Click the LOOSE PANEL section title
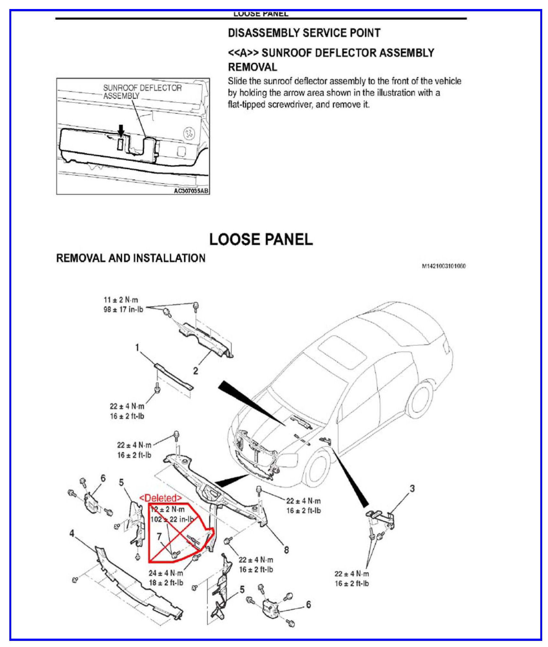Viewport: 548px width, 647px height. pyautogui.click(x=261, y=239)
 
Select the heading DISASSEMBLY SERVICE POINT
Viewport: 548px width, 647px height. pyautogui.click(x=304, y=33)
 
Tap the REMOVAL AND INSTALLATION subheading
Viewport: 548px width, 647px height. pyautogui.click(x=131, y=258)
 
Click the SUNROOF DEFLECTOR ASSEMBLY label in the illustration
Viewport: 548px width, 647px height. pyautogui.click(x=142, y=92)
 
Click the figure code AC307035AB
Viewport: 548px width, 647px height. pyautogui.click(x=191, y=191)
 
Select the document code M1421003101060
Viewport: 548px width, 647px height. pyautogui.click(x=444, y=266)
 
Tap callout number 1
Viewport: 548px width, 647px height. pyautogui.click(x=138, y=348)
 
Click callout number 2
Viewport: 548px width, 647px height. pyautogui.click(x=196, y=371)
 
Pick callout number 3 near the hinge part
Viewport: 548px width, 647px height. pyautogui.click(x=412, y=488)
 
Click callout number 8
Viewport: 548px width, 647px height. pyautogui.click(x=286, y=549)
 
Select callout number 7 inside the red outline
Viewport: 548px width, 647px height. pyautogui.click(x=159, y=536)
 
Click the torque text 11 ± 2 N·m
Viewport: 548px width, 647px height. pyautogui.click(x=121, y=300)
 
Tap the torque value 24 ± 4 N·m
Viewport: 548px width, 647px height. pyautogui.click(x=166, y=573)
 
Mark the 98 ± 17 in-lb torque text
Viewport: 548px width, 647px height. pyautogui.click(x=123, y=310)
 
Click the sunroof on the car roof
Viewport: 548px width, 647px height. pyautogui.click(x=342, y=350)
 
